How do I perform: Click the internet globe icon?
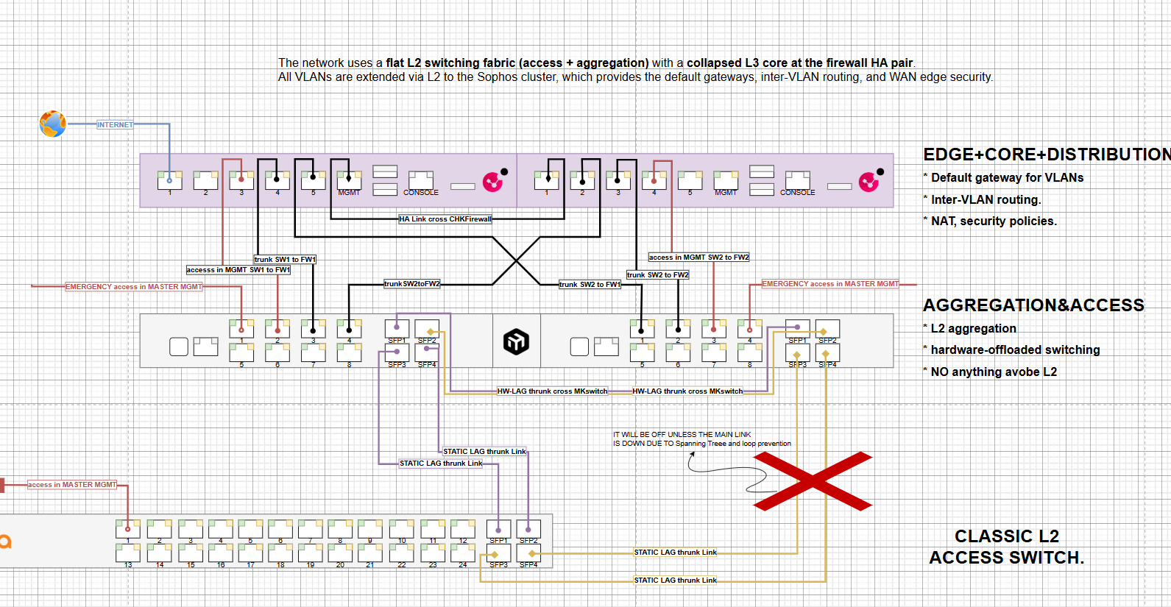click(52, 124)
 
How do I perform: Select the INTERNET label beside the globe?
click(115, 125)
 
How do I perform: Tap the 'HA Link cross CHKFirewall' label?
click(445, 219)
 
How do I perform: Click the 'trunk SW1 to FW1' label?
click(285, 260)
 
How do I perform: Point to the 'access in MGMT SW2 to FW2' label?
click(698, 258)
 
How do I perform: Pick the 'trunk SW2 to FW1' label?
click(590, 285)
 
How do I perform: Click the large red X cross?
click(813, 481)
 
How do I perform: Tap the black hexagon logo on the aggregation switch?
click(516, 341)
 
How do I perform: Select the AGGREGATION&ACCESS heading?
click(1033, 305)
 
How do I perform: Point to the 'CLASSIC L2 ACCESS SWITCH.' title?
click(1006, 547)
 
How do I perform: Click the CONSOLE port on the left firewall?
click(421, 181)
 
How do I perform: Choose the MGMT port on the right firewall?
click(726, 181)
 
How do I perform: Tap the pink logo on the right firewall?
click(868, 181)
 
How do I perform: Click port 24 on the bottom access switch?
click(463, 554)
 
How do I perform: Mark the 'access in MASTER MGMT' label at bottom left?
click(72, 485)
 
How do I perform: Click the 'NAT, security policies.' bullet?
click(993, 221)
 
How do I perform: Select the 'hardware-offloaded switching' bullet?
click(1015, 350)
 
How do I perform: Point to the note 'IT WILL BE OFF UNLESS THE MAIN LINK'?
click(682, 435)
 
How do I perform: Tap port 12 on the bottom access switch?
click(463, 529)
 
